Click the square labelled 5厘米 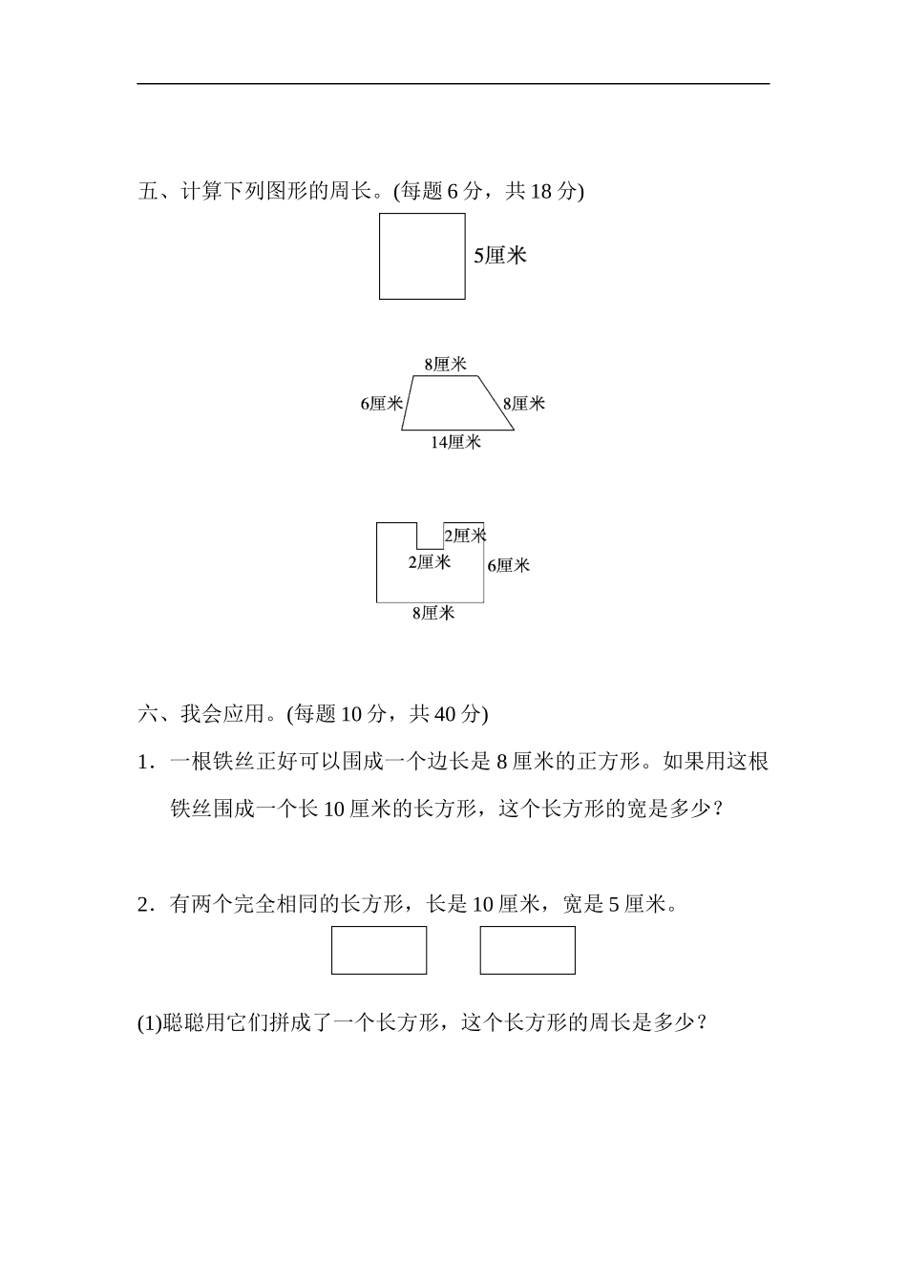tap(422, 256)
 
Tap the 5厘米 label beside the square tap(500, 256)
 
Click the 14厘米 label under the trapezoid tap(455, 442)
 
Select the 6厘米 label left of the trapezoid tap(381, 404)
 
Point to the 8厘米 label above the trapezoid tap(445, 364)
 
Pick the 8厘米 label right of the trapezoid tap(523, 404)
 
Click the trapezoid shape tap(455, 404)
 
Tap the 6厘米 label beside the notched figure tap(508, 565)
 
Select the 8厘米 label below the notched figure tap(432, 613)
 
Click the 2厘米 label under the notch tap(429, 562)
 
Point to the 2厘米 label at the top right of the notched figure tap(465, 536)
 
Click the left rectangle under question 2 tap(379, 950)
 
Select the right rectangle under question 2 tap(527, 950)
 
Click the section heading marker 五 tap(148, 191)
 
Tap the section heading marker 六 tap(148, 714)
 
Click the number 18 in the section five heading tap(540, 191)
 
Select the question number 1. tap(143, 762)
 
